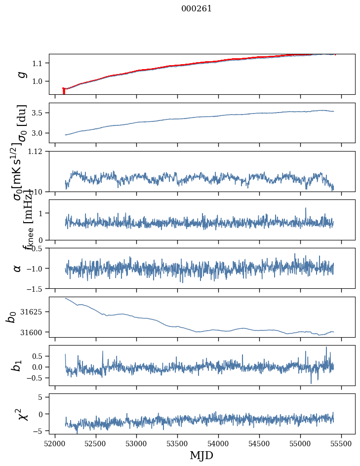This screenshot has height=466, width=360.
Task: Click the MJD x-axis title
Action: click(x=201, y=455)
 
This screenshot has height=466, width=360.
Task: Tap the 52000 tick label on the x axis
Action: click(x=55, y=443)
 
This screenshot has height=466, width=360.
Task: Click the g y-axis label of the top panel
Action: click(x=21, y=74)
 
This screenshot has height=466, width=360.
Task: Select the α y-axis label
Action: click(x=18, y=268)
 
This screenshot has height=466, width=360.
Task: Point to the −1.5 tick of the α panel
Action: click(x=36, y=288)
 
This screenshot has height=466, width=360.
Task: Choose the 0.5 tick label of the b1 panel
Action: click(x=38, y=356)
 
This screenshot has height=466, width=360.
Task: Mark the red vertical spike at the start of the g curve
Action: click(x=64, y=91)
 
